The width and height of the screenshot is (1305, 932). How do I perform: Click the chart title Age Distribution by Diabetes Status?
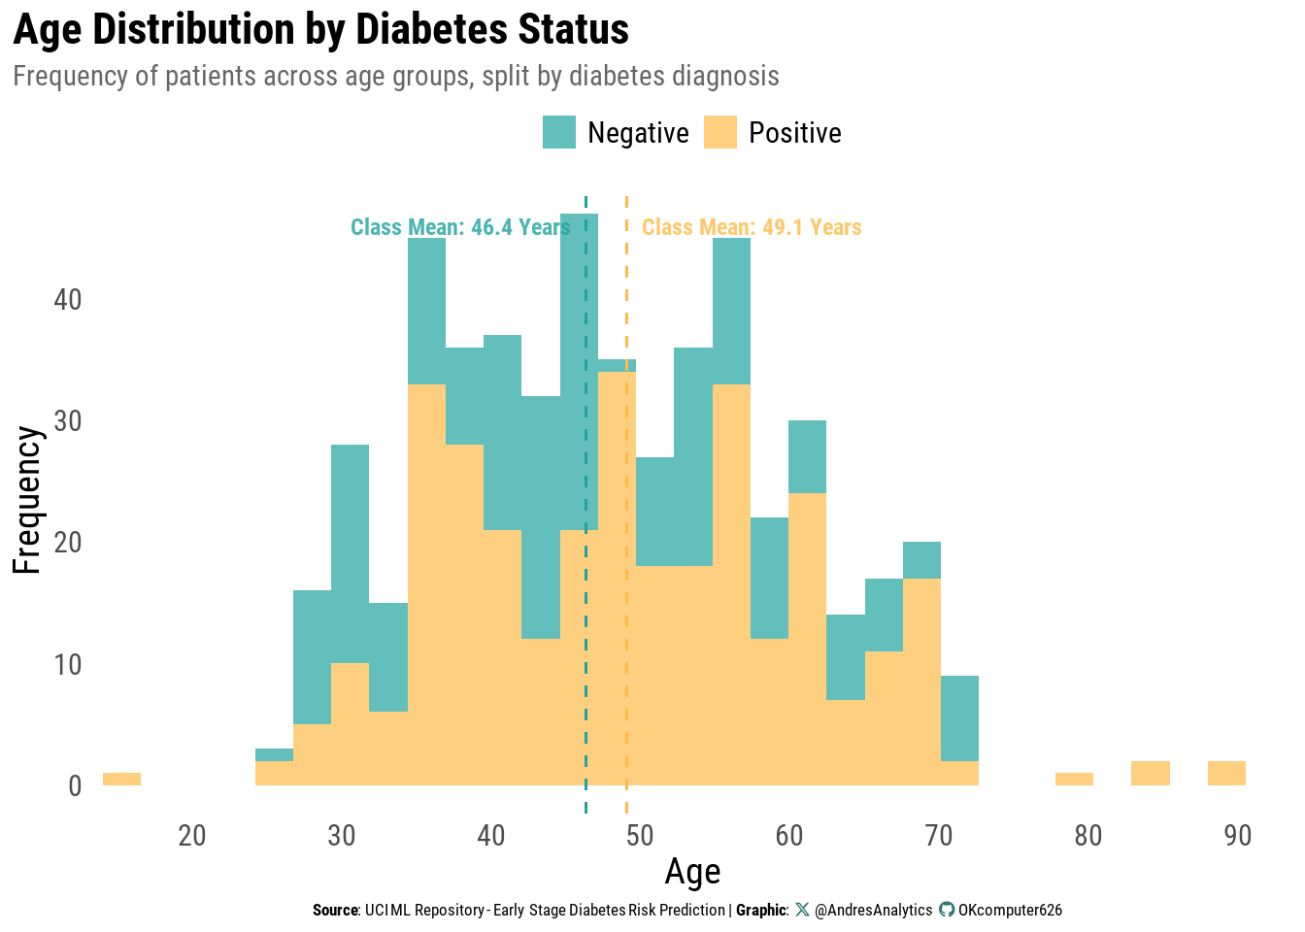(320, 29)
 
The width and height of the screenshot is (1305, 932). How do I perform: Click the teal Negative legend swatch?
(559, 132)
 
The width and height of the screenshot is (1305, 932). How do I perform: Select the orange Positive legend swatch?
(720, 132)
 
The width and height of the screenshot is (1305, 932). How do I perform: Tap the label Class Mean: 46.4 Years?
(460, 227)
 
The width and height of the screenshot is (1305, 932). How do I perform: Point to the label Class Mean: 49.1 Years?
(752, 227)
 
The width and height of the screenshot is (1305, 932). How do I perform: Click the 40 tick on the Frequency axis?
(68, 299)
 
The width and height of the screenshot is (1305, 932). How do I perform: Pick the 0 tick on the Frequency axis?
(75, 785)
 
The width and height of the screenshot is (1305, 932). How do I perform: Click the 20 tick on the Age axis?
(192, 836)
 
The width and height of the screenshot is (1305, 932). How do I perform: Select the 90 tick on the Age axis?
(1238, 836)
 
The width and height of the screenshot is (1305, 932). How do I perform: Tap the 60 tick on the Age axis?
(789, 836)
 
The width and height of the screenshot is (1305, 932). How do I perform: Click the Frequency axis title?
(27, 500)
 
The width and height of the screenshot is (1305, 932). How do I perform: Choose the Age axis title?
(692, 872)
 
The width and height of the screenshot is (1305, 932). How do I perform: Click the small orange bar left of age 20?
(121, 779)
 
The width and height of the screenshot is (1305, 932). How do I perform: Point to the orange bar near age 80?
(1074, 779)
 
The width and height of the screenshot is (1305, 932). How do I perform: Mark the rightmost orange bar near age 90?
(1226, 773)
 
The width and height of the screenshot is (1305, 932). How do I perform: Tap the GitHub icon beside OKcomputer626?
(947, 910)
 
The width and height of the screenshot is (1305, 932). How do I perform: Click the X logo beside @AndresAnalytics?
(802, 910)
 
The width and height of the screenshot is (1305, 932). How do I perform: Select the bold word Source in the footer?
(335, 911)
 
